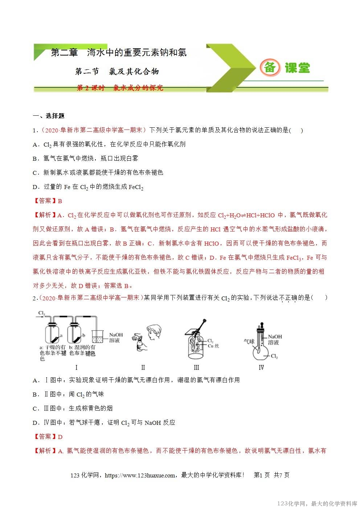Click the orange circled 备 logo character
click(x=270, y=67)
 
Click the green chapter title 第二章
click(x=65, y=53)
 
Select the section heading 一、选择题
click(x=49, y=116)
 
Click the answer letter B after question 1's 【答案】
click(x=60, y=201)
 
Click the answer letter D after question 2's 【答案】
click(x=60, y=437)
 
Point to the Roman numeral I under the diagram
click(x=76, y=368)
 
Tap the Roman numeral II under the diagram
click(x=143, y=368)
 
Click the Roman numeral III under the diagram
click(x=196, y=368)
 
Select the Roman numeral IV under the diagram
click(x=261, y=368)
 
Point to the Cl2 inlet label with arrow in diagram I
click(x=41, y=314)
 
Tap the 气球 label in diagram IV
click(x=249, y=341)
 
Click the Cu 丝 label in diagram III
click(x=213, y=346)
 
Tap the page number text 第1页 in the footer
click(x=262, y=475)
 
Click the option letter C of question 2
click(x=36, y=409)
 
